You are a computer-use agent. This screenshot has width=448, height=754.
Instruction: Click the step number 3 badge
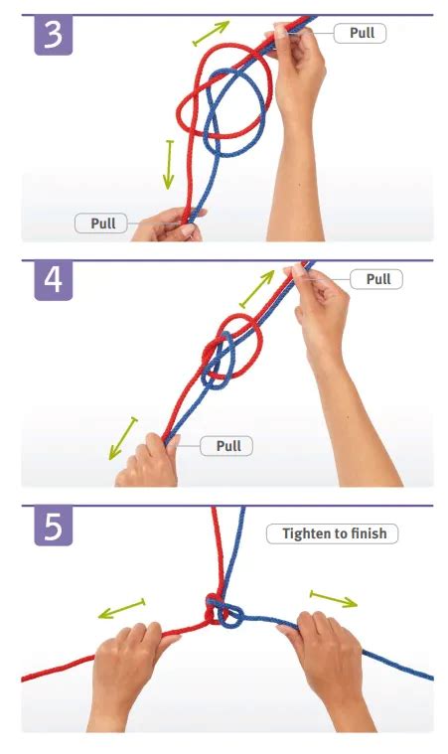[54, 35]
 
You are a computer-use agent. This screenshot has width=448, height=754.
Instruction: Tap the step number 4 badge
[54, 280]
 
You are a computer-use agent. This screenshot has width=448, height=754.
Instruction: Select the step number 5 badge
[54, 526]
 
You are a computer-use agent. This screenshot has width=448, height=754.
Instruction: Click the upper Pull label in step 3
[360, 33]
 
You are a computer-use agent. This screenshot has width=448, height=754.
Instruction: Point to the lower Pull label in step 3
[101, 224]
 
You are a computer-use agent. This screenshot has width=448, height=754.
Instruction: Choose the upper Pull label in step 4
[376, 279]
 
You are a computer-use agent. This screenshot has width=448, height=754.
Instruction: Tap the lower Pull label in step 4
[226, 446]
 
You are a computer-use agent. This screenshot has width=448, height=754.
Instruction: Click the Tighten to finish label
[332, 533]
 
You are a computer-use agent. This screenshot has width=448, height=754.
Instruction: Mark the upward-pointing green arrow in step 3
[211, 34]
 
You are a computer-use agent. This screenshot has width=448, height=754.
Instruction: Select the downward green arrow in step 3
[168, 165]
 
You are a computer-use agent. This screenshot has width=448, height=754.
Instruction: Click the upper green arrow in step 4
[257, 288]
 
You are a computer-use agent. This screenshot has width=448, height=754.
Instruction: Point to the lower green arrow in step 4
[123, 438]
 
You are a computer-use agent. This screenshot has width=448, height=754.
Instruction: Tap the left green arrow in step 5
[121, 608]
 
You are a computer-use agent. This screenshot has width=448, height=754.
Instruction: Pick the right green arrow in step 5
[334, 599]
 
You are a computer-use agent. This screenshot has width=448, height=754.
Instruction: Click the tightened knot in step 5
[223, 611]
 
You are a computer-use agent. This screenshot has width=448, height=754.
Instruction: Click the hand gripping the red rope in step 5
[130, 674]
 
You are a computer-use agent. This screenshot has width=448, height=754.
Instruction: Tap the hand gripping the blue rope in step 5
[327, 669]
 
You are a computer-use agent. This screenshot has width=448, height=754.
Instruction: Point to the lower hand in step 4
[147, 462]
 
